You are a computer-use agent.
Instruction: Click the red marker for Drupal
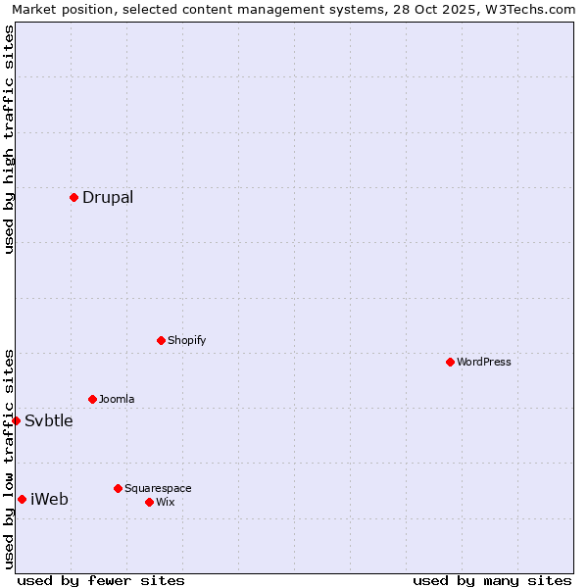[73, 197]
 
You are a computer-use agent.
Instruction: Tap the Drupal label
[108, 197]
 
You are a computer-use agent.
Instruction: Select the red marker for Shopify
[161, 340]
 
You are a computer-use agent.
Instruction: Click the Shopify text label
[186, 340]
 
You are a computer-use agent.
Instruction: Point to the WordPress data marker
[450, 362]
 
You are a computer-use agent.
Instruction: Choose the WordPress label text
[483, 362]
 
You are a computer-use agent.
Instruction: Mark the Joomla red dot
[92, 399]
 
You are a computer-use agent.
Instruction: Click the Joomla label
[117, 399]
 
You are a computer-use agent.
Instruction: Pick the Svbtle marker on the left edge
[16, 420]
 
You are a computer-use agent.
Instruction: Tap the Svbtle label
[49, 420]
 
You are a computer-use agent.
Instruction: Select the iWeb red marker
[22, 499]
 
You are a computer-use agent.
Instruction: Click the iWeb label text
[50, 499]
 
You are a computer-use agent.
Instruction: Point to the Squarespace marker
[118, 488]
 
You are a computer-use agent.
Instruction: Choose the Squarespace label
[158, 488]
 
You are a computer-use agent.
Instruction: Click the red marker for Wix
[149, 502]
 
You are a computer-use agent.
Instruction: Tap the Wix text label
[165, 502]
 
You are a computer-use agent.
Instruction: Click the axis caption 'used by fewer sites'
[101, 580]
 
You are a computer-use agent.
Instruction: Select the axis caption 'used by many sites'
[492, 580]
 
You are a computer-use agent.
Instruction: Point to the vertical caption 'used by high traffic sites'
[9, 139]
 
